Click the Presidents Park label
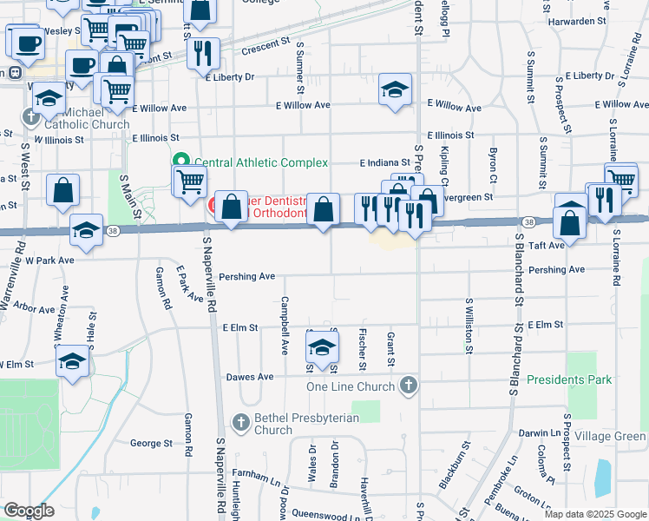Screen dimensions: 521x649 coord(569,379)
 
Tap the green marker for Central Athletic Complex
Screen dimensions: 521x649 coord(181,162)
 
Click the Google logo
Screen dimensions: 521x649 coord(29,511)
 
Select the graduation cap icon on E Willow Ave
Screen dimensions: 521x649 coord(395,89)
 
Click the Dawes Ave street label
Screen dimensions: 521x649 coord(250,377)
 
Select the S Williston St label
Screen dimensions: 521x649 coord(468,325)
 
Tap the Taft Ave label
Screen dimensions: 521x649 coord(571,246)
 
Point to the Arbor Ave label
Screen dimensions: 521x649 coord(36,307)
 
